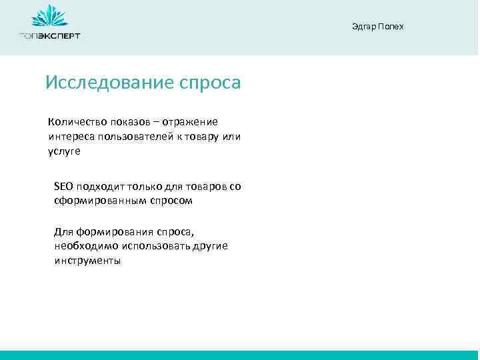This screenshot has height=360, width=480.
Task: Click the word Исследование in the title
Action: (x=109, y=83)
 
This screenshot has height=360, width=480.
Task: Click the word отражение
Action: (x=193, y=122)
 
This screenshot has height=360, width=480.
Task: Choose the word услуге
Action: (x=64, y=151)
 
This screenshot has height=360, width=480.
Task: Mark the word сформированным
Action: (x=99, y=201)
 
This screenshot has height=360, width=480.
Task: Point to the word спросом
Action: (x=169, y=201)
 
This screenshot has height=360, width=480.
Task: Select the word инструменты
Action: (x=87, y=261)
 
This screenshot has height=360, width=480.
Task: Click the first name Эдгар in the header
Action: (x=363, y=27)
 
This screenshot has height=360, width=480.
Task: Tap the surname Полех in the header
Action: (x=391, y=27)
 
